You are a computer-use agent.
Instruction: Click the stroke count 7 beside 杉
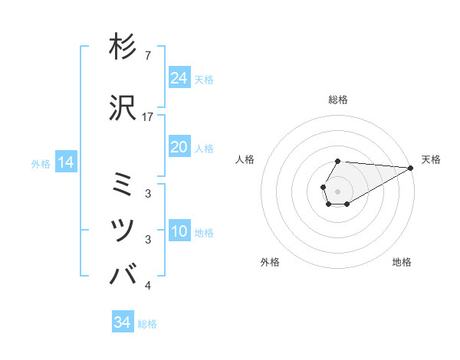pyautogui.click(x=147, y=56)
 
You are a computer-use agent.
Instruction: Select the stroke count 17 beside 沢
pyautogui.click(x=148, y=117)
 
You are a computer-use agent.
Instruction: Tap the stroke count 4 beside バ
pyautogui.click(x=147, y=286)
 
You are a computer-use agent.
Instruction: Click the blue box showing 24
pyautogui.click(x=179, y=78)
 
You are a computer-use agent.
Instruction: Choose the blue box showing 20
pyautogui.click(x=179, y=147)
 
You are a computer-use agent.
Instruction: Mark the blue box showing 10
pyautogui.click(x=179, y=231)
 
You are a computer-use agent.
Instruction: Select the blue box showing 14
pyautogui.click(x=65, y=162)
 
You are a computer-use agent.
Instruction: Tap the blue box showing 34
pyautogui.click(x=123, y=323)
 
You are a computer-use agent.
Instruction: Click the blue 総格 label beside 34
pyautogui.click(x=147, y=324)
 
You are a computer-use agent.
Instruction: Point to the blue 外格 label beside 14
pyautogui.click(x=41, y=163)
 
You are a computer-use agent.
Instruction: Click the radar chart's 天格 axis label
pyautogui.click(x=431, y=159)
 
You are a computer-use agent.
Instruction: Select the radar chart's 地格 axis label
pyautogui.click(x=402, y=262)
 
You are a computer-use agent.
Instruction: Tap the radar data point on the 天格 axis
pyautogui.click(x=412, y=169)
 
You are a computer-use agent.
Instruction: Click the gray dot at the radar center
pyautogui.click(x=338, y=191)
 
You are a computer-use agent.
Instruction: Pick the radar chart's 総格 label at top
pyautogui.click(x=338, y=100)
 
